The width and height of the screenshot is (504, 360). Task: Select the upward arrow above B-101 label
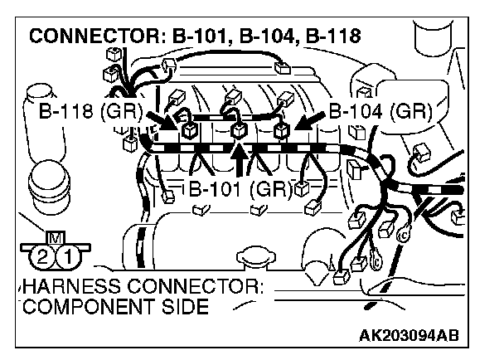pos(240,158)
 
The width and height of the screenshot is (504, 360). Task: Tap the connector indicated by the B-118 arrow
pos(189,129)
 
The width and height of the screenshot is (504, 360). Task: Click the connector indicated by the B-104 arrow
pos(281,129)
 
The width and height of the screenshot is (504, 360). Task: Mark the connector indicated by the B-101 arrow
pos(240,129)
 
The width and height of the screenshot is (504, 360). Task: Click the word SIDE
pos(185,309)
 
